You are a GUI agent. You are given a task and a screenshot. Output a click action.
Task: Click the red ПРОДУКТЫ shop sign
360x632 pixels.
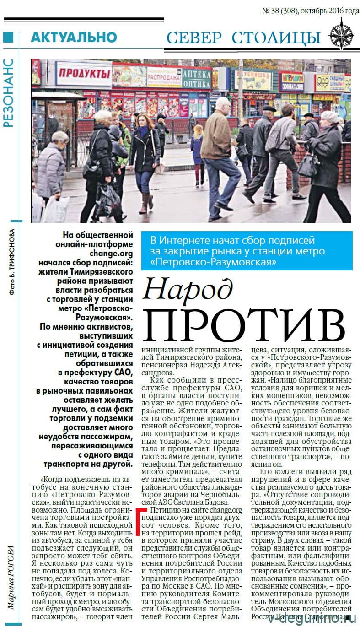pyautogui.click(x=84, y=73)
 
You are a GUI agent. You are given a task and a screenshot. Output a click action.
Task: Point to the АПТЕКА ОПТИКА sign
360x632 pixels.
pyautogui.click(x=197, y=78)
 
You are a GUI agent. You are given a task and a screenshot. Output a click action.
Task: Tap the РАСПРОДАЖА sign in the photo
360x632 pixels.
pyautogui.click(x=164, y=77)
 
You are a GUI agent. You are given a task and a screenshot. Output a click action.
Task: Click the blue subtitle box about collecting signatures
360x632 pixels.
pyautogui.click(x=247, y=250)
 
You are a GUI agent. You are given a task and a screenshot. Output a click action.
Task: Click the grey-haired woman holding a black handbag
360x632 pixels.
pyautogui.click(x=327, y=160)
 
